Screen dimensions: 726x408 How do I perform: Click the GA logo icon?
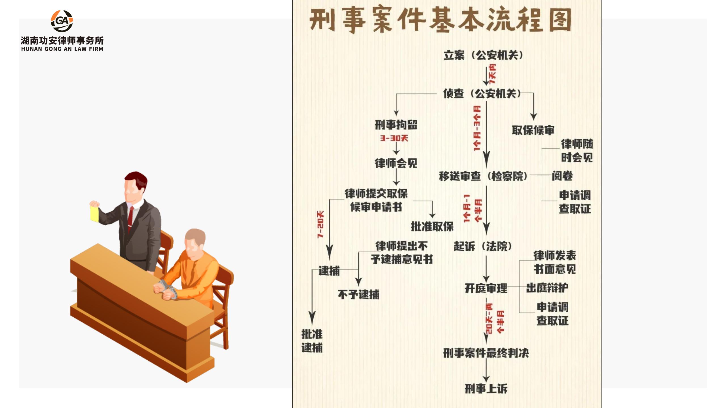tap(62, 21)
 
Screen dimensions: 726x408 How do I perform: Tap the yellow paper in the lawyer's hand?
tap(94, 214)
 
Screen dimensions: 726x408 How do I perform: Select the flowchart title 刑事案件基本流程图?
tap(440, 20)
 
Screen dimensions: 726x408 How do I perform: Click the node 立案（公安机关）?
tap(483, 55)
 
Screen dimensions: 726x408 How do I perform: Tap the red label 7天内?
tap(493, 74)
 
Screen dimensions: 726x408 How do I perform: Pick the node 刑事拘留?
tap(396, 125)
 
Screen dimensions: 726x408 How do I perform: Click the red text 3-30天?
tap(394, 138)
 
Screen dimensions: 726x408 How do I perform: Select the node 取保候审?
tap(533, 130)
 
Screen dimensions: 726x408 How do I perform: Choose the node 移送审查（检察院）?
tap(483, 176)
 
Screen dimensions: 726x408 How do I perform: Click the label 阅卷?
tap(562, 176)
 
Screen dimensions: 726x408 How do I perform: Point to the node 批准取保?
tap(432, 226)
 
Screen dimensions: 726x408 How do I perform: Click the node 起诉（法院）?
tap(483, 246)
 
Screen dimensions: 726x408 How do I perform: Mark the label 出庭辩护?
tap(547, 288)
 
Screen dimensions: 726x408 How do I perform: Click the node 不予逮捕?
tap(358, 295)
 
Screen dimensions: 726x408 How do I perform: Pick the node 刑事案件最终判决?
tap(486, 353)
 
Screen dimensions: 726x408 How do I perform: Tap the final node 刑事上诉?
tap(486, 388)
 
